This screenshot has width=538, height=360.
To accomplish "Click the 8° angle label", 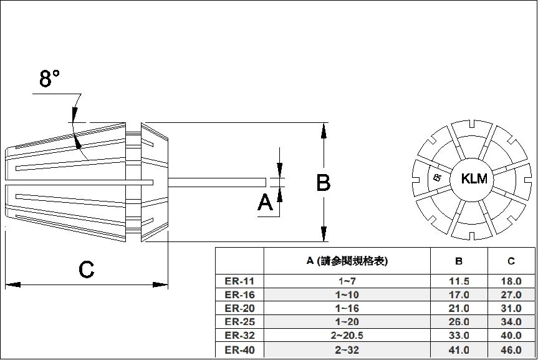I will pyautogui.click(x=50, y=79).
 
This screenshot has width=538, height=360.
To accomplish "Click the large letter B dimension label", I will pyautogui.click(x=323, y=183).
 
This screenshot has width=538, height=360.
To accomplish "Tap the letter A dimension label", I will pyautogui.click(x=265, y=203).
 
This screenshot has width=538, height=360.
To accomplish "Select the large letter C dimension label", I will pyautogui.click(x=86, y=270).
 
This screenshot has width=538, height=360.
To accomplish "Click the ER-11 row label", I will pyautogui.click(x=239, y=281).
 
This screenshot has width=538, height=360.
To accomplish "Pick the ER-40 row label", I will pyautogui.click(x=239, y=351).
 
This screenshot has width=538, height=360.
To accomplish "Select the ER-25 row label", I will pyautogui.click(x=239, y=323).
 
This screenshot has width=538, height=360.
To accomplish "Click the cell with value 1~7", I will pyautogui.click(x=347, y=281).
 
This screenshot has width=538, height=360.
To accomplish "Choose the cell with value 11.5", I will pyautogui.click(x=459, y=281).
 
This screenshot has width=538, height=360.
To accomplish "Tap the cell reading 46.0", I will pyautogui.click(x=511, y=351).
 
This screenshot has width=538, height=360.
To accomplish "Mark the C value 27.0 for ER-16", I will pyautogui.click(x=511, y=295).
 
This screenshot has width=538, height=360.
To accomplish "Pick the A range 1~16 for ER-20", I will pyautogui.click(x=347, y=309).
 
